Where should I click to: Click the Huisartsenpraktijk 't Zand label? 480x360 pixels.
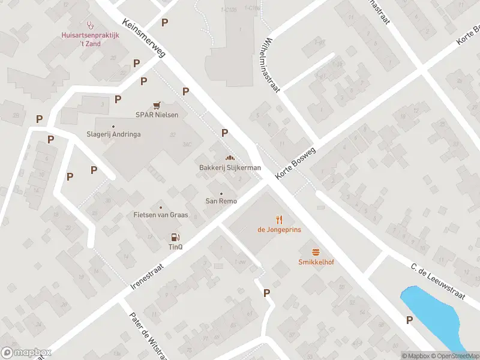pyautogui.click(x=91, y=40)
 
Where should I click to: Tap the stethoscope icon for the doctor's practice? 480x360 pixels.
pyautogui.click(x=91, y=25)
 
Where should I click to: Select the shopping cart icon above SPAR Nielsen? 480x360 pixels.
pyautogui.click(x=157, y=104)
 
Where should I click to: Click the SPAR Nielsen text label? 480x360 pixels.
pyautogui.click(x=157, y=115)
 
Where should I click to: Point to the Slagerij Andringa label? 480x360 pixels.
pyautogui.click(x=113, y=134)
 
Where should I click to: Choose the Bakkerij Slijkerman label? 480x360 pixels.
pyautogui.click(x=230, y=167)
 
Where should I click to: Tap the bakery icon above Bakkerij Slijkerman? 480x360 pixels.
pyautogui.click(x=230, y=157)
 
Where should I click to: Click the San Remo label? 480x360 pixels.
pyautogui.click(x=221, y=201)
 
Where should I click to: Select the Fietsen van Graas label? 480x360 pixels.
pyautogui.click(x=161, y=215)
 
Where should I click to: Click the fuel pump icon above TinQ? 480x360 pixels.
pyautogui.click(x=175, y=238)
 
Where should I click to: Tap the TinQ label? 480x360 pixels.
pyautogui.click(x=175, y=247)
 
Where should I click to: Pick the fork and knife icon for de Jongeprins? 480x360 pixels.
pyautogui.click(x=279, y=220)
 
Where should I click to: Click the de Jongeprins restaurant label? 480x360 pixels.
pyautogui.click(x=279, y=230)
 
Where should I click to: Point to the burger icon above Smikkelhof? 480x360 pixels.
pyautogui.click(x=315, y=252)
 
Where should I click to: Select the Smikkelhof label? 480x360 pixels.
pyautogui.click(x=315, y=262)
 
